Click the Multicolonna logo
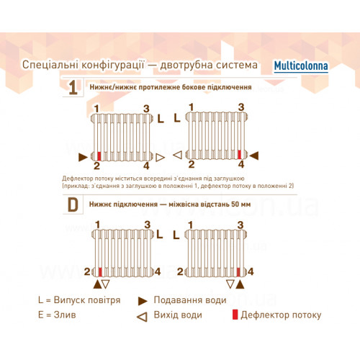(301, 66)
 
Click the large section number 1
(73, 88)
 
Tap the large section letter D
(73, 204)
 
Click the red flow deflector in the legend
(235, 315)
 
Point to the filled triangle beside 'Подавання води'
(143, 301)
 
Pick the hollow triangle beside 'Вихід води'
(142, 317)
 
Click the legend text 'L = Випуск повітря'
(79, 300)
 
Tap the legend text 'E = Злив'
(57, 315)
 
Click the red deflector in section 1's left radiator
(99, 156)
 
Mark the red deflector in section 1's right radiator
(239, 155)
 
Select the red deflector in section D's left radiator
(100, 272)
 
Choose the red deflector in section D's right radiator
(238, 272)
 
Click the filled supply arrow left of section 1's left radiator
(83, 157)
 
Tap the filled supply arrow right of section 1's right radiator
(254, 156)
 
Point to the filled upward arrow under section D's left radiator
(97, 284)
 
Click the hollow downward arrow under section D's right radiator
(230, 284)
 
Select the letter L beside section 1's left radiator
(161, 119)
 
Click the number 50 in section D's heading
(235, 204)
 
